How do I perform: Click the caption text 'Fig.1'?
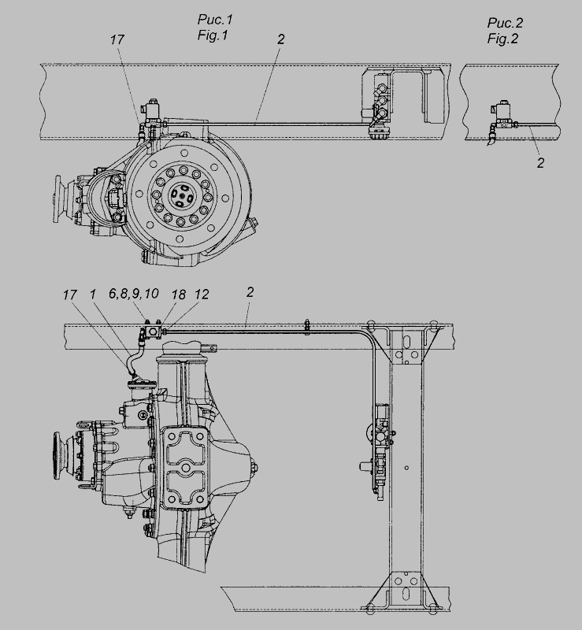[x=213, y=35]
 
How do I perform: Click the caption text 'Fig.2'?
[x=502, y=39]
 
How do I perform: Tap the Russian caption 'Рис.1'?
[x=215, y=19]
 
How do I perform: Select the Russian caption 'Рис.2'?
[x=506, y=23]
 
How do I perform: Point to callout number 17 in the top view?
[x=117, y=39]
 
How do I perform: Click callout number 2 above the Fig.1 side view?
[x=281, y=39]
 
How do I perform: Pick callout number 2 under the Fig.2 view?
[x=540, y=163]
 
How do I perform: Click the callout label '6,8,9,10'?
[x=133, y=294]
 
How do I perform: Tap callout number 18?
[x=179, y=295]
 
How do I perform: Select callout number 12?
[x=202, y=295]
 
